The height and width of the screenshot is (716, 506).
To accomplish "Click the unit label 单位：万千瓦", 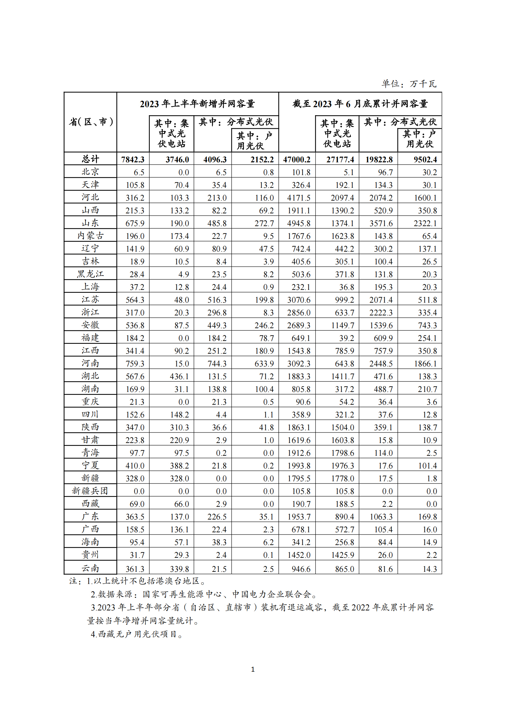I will tap(409, 84).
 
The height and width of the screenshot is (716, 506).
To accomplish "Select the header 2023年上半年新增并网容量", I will tap(197, 104).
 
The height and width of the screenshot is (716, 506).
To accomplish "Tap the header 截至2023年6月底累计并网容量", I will tap(360, 104).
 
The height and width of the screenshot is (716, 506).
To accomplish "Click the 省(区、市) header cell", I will tap(91, 122).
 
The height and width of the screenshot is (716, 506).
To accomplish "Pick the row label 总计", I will tap(91, 159).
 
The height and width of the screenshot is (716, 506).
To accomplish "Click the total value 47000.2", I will tap(297, 159).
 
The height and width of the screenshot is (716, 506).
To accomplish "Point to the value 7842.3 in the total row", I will tap(133, 159).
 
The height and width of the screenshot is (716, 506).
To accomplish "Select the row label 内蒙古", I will tap(91, 236).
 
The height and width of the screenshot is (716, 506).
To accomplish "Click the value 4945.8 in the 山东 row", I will tap(298, 223).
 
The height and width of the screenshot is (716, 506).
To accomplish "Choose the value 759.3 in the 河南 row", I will tap(135, 364).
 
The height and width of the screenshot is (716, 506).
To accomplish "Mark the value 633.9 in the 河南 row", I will tap(264, 364).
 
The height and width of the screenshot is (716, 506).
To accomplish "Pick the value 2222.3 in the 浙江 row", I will tap(381, 313).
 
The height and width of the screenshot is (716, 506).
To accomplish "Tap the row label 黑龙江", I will tap(91, 274).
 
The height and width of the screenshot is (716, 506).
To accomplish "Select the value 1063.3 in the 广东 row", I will tap(381, 517).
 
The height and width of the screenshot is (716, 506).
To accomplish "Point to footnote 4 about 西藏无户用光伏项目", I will tap(136, 634).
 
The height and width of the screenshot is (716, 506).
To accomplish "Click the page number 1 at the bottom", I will tap(253, 669).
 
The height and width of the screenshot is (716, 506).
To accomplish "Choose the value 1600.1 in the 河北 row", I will tap(425, 198).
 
